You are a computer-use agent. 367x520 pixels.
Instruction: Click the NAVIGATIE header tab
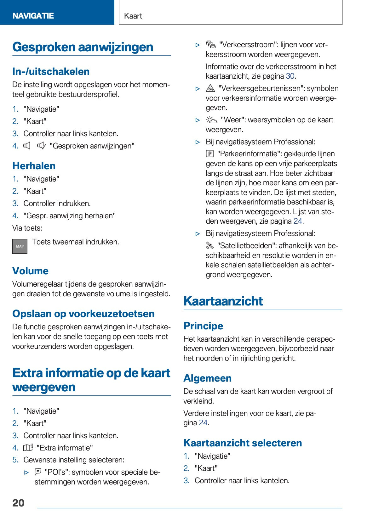coord(33,16)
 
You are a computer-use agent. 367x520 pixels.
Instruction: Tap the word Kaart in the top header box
coord(133,16)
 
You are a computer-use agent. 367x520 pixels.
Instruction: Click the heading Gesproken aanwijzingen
coord(83,47)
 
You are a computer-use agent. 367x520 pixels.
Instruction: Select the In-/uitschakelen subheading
coord(51,71)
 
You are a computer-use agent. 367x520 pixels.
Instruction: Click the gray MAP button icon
coord(20,246)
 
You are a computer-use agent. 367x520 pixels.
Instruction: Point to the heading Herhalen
coord(34,166)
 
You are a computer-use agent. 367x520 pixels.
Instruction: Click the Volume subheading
coord(30,271)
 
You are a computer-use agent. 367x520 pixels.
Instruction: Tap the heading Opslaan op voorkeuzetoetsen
coord(83,314)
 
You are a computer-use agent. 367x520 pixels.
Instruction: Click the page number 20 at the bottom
coord(18,503)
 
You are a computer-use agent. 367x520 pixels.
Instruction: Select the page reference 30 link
coord(290,76)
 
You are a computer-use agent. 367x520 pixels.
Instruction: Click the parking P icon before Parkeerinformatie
coord(209,154)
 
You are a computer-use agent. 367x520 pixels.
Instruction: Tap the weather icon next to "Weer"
coord(211,120)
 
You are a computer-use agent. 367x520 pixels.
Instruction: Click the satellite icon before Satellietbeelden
coord(209,245)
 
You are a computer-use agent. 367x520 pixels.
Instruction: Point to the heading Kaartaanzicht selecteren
coord(243,443)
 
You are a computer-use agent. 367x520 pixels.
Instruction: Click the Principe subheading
coord(203,326)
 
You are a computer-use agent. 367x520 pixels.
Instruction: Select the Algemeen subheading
coord(207,378)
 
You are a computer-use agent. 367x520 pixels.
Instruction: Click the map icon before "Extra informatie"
coord(28,447)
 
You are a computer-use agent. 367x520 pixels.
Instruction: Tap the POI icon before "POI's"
coord(38,472)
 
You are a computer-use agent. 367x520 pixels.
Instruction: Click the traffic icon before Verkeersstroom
coord(210,45)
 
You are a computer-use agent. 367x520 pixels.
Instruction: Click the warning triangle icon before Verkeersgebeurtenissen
coord(210,88)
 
